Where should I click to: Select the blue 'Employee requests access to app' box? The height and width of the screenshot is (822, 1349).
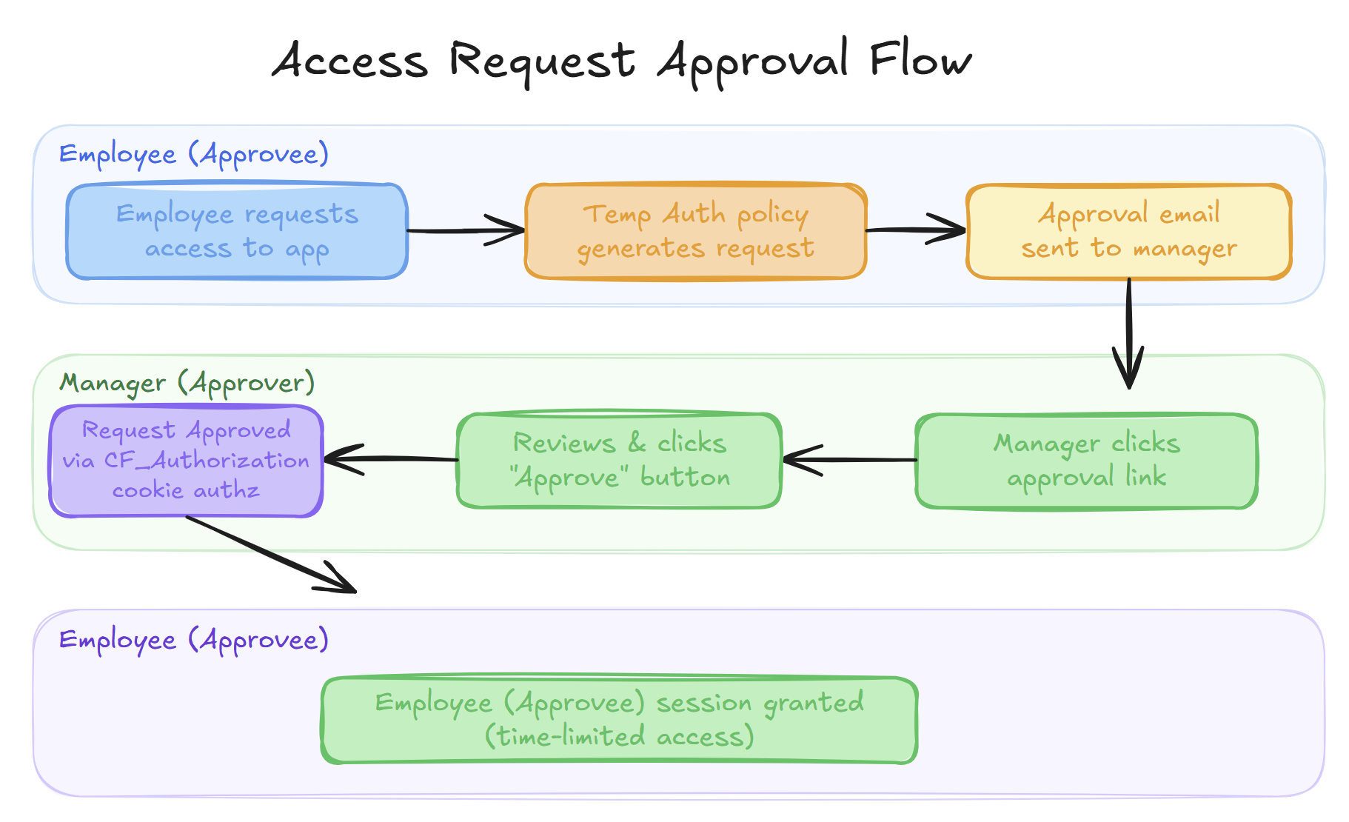[x=237, y=231]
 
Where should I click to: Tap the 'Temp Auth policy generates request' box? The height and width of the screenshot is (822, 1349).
[x=695, y=231]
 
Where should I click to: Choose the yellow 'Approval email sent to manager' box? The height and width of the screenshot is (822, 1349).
[x=1128, y=231]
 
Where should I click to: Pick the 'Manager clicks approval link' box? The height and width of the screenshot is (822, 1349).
[x=1086, y=461]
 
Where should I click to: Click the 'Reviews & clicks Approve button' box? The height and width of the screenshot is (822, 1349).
[x=620, y=461]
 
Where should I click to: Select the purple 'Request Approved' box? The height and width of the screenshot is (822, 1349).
[x=186, y=461]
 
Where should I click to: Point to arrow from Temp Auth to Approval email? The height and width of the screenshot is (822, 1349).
[x=915, y=230]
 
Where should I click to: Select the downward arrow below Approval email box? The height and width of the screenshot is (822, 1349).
[x=1128, y=333]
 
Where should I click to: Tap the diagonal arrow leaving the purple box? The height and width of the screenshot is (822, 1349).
[x=271, y=554]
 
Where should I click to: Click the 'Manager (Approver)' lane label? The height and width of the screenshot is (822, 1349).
[x=187, y=383]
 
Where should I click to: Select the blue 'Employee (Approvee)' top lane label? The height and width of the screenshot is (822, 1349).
[x=193, y=154]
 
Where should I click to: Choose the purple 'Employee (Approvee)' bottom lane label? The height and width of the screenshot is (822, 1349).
[x=193, y=640]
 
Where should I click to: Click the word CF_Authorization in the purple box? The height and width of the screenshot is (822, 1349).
[x=207, y=461]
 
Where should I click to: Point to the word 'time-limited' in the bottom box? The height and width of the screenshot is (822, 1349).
[x=570, y=737]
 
